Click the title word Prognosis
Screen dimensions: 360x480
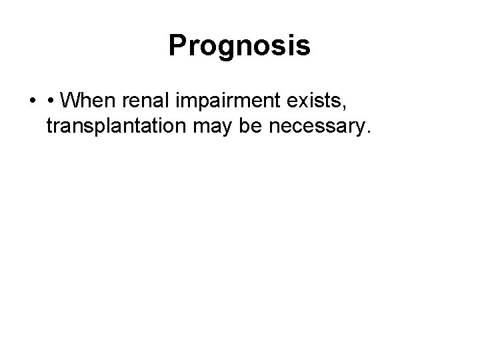pos(239,46)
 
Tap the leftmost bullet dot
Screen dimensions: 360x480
pos(33,102)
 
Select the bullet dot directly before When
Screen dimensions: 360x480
pos(51,102)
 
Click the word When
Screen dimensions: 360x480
pos(90,101)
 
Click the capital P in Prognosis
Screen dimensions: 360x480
pos(177,46)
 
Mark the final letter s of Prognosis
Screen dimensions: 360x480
pos(304,47)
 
